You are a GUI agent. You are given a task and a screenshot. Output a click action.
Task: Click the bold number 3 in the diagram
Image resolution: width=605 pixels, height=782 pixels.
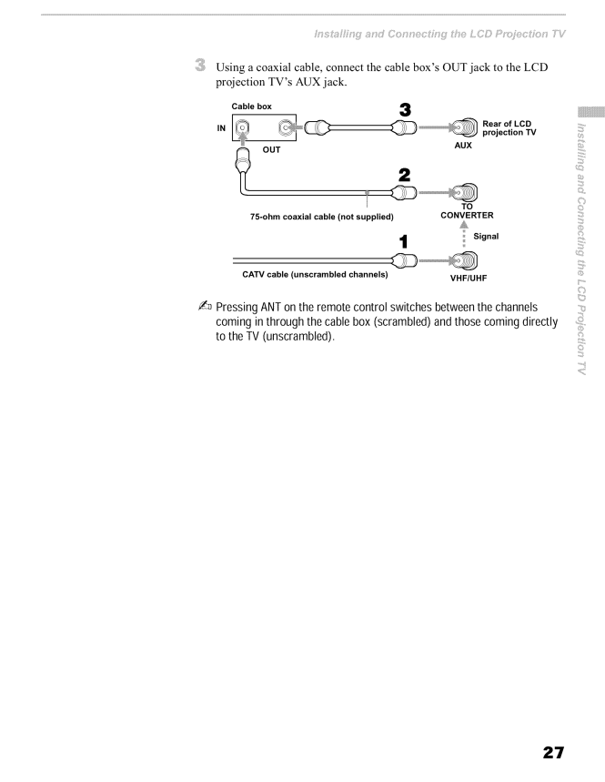coord(405,110)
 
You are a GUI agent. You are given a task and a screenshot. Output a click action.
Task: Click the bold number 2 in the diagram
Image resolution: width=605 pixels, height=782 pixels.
coord(405,175)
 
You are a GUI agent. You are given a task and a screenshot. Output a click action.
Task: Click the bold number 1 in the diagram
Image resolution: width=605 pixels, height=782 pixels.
coord(404,242)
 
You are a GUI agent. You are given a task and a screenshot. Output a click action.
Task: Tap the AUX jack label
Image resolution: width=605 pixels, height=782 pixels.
coord(463,145)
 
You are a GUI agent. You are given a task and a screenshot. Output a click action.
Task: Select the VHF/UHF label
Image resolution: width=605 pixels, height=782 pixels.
coord(469,279)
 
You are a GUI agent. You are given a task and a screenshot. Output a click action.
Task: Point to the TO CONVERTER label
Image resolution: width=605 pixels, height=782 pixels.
coord(467,211)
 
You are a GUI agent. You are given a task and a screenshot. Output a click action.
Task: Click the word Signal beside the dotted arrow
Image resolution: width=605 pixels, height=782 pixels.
coord(486,237)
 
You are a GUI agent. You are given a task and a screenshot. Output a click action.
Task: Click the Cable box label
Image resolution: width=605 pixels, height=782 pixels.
coord(252,107)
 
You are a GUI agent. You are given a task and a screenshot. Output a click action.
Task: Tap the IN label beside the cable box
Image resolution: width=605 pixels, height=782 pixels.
coord(221,128)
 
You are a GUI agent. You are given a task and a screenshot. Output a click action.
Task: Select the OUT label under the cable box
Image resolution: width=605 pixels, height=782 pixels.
coord(272,149)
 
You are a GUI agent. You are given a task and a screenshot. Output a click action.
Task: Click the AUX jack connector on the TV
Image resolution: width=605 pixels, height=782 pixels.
coord(464,127)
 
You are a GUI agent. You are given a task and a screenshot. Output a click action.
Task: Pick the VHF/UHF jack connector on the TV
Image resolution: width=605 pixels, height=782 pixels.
coord(464,260)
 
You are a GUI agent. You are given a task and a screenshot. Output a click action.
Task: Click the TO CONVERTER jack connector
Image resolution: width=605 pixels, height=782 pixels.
coord(464,192)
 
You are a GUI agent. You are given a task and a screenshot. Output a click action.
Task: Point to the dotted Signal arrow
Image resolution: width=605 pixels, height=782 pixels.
coord(464,234)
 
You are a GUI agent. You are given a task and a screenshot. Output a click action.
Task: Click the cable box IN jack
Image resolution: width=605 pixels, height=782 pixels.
coord(242,127)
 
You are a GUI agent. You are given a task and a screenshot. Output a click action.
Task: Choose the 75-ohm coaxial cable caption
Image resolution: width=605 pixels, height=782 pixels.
coord(322,217)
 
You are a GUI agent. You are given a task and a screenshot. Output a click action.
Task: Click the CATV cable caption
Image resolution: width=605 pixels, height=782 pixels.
coord(315,274)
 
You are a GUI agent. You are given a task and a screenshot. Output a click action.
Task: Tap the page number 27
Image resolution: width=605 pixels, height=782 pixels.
coord(553,752)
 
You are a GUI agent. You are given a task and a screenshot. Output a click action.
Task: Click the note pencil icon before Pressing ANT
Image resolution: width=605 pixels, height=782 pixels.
coord(205,306)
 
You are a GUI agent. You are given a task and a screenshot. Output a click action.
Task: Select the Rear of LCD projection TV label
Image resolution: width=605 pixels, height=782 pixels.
coord(509,127)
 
